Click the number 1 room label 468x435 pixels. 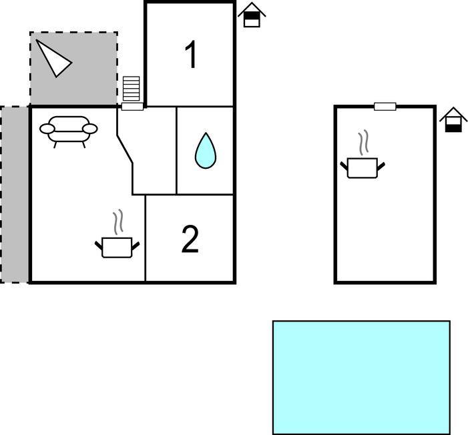point(190,54)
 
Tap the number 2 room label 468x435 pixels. point(190,240)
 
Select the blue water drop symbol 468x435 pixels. point(206,150)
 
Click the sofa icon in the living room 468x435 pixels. point(69,131)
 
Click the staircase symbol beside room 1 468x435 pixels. point(132,89)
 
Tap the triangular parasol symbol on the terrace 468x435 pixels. point(53,59)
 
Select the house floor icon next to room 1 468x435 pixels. point(252,15)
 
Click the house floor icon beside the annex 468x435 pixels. point(454,119)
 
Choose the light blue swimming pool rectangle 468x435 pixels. point(361,378)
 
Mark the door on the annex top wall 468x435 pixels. point(385,107)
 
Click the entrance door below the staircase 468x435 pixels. point(132,107)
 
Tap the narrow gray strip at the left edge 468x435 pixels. point(14,195)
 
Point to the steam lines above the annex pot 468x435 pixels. point(363,142)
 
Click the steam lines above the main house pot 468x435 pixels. point(118,222)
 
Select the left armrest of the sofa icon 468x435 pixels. point(47,129)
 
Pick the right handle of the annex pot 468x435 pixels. point(381,167)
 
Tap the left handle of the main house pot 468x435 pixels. point(99,246)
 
